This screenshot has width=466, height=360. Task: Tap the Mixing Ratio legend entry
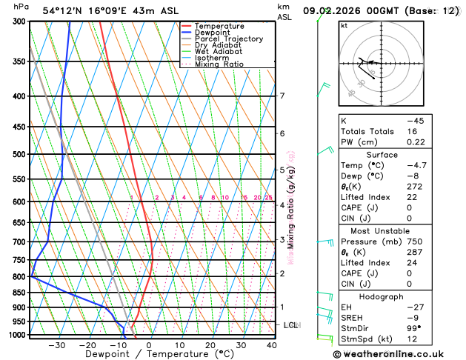tap(219, 64)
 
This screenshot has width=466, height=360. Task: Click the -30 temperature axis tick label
tap(56, 344)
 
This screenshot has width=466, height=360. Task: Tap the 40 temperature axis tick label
tap(272, 344)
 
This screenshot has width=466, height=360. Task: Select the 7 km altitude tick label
tap(282, 96)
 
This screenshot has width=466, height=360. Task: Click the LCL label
tap(291, 324)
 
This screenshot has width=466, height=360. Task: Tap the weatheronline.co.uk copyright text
tap(393, 354)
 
